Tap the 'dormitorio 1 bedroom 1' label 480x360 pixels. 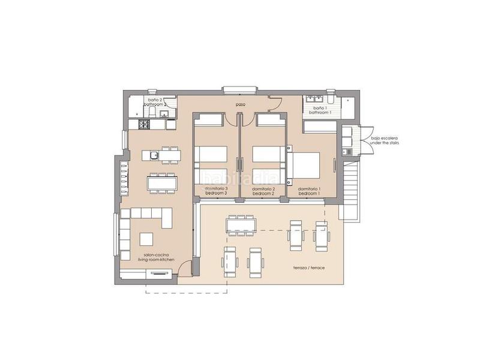(309, 191)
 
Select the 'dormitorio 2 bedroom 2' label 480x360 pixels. (263, 191)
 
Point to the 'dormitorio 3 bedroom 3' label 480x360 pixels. (216, 191)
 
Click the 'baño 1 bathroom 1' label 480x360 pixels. (320, 109)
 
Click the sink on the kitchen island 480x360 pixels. (154, 156)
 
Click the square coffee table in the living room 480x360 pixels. (148, 239)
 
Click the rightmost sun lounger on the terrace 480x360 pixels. (320, 237)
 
